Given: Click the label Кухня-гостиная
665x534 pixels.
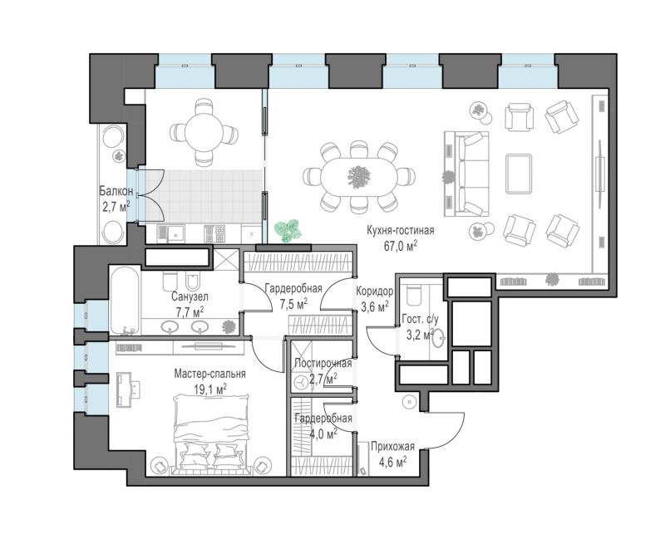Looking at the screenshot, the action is tap(401, 231).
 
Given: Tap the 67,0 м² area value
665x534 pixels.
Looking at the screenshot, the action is tap(401, 246).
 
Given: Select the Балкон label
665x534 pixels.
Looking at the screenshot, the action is tap(116, 191).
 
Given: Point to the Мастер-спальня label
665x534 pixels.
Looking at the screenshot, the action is tap(210, 374).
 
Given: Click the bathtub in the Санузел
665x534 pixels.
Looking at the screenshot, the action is tap(124, 301).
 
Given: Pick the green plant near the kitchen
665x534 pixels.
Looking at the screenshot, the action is tap(288, 231).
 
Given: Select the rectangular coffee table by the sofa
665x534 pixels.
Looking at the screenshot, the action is tap(518, 174).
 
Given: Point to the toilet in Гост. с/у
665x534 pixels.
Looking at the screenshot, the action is tap(413, 295).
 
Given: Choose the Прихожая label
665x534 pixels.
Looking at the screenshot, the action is tap(392, 446).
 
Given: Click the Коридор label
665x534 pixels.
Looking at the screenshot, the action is tap(375, 291).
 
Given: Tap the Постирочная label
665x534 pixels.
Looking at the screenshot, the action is tap(323, 363).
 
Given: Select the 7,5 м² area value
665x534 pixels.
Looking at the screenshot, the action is tap(293, 304).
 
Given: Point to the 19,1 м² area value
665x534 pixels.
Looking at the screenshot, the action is tap(210, 389).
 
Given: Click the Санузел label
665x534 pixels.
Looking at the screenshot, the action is tap(190, 296).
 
